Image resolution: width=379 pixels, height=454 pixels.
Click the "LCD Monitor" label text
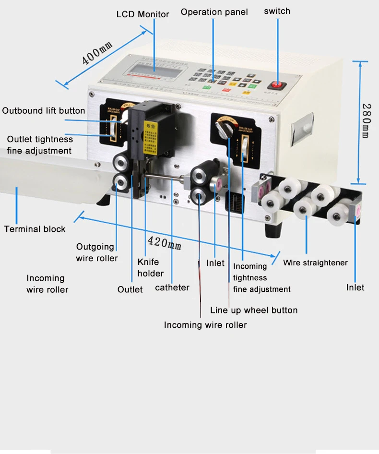point(142,14)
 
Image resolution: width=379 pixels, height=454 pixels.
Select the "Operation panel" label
point(214,12)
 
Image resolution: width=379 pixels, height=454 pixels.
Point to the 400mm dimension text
point(97,53)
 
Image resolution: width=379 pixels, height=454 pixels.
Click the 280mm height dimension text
point(366,121)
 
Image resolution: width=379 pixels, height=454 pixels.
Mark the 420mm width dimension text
point(165,242)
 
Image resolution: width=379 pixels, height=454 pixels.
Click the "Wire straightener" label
point(315,263)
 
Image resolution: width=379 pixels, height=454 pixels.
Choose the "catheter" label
point(172,288)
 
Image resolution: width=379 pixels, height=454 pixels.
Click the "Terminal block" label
point(35,229)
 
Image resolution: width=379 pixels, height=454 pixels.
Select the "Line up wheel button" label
point(254,310)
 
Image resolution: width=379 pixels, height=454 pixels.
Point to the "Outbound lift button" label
point(44,111)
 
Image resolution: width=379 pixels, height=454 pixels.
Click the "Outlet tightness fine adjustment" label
point(40,145)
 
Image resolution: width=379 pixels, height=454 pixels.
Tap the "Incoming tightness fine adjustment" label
point(261,278)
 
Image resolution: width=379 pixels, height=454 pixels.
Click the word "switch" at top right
point(277,11)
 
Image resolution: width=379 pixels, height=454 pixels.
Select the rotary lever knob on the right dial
point(222,128)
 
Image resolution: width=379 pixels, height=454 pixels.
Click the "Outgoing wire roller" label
point(96,252)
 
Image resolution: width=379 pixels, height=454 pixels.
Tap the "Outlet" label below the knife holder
point(130,289)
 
